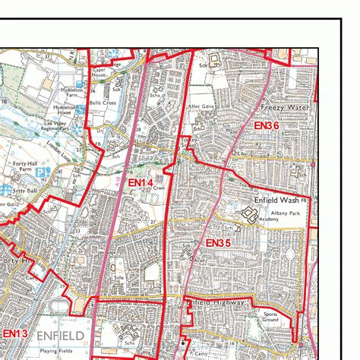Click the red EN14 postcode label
[x=140, y=183]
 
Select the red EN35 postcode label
[x=218, y=242]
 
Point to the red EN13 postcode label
[x=14, y=333]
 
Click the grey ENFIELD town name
[x=60, y=334]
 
